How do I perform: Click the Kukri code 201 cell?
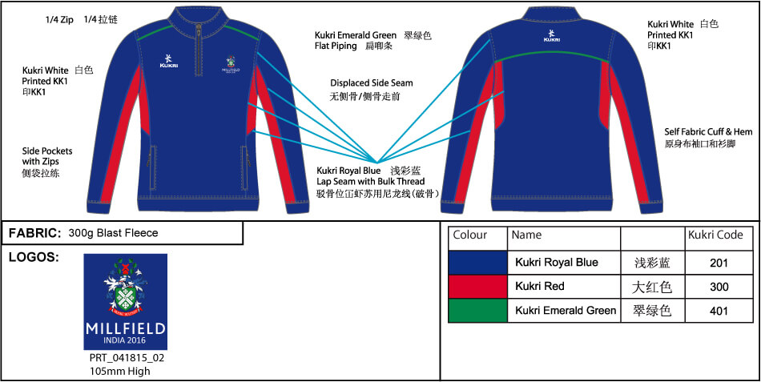719,263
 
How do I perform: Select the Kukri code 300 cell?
719,286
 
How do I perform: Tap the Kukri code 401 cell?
719,311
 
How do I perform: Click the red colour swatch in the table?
477,286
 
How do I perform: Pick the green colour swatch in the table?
477,311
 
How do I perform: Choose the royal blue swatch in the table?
477,263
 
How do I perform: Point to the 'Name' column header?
526,235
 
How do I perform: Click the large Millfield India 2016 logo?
126,301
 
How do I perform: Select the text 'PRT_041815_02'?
126,358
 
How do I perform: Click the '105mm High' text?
120,371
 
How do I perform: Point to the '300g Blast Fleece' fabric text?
113,233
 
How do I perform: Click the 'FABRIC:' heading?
35,233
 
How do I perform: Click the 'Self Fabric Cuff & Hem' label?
708,131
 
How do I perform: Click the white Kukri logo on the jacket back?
551,35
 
